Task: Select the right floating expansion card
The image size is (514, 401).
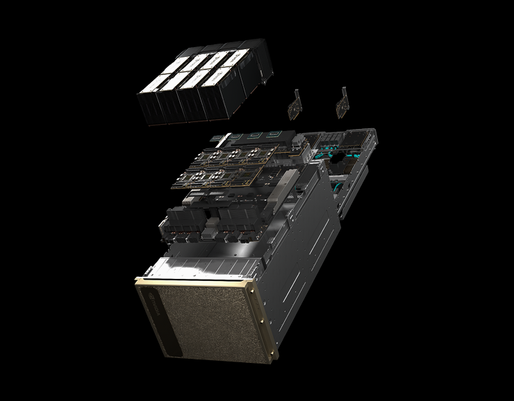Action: point(341,103)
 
